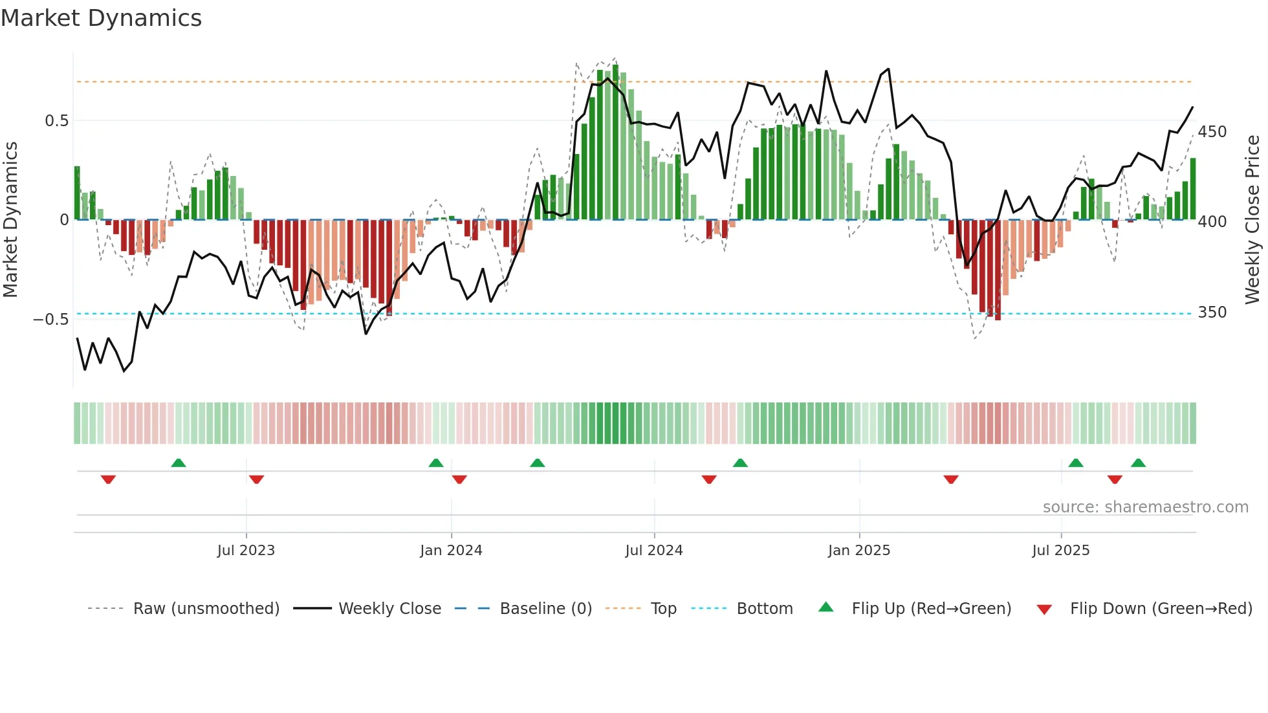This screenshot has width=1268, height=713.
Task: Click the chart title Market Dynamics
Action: pyautogui.click(x=101, y=18)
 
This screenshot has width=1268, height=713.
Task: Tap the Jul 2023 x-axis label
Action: pyautogui.click(x=246, y=551)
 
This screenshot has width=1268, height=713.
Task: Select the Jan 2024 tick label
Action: pyautogui.click(x=451, y=551)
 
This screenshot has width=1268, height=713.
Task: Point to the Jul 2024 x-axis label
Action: pyautogui.click(x=654, y=551)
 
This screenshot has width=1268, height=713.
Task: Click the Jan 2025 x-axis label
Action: pyautogui.click(x=859, y=551)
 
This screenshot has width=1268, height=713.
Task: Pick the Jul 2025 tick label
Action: pyautogui.click(x=1061, y=551)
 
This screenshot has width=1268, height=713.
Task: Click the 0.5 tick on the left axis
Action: pyautogui.click(x=57, y=121)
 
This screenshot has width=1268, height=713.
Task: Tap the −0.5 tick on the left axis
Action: pyautogui.click(x=51, y=320)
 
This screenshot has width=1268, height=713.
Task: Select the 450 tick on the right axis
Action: pyautogui.click(x=1212, y=132)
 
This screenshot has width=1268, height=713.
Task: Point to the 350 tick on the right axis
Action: pyautogui.click(x=1212, y=313)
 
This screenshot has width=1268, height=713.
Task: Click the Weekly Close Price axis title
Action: pyautogui.click(x=1253, y=220)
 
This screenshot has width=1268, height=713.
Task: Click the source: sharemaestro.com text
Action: pyautogui.click(x=1145, y=507)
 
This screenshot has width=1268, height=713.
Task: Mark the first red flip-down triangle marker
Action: pyautogui.click(x=108, y=479)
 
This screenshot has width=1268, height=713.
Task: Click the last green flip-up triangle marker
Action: pyautogui.click(x=1138, y=463)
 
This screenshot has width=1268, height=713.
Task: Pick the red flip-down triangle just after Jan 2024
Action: pyautogui.click(x=459, y=479)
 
